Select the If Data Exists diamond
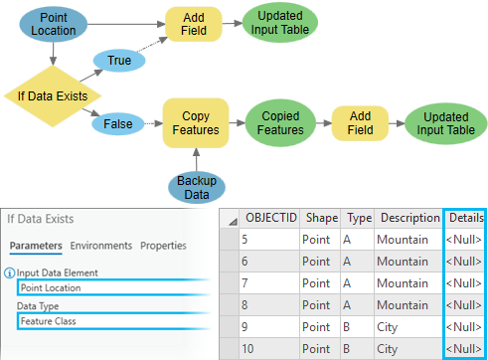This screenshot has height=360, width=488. [x=50, y=95]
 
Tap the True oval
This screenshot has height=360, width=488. [x=119, y=62]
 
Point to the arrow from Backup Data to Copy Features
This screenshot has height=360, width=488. [x=196, y=161]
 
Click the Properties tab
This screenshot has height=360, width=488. [x=163, y=246]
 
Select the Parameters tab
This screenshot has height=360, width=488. [x=37, y=246]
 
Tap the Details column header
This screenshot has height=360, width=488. [x=465, y=218]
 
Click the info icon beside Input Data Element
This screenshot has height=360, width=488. [x=9, y=272]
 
